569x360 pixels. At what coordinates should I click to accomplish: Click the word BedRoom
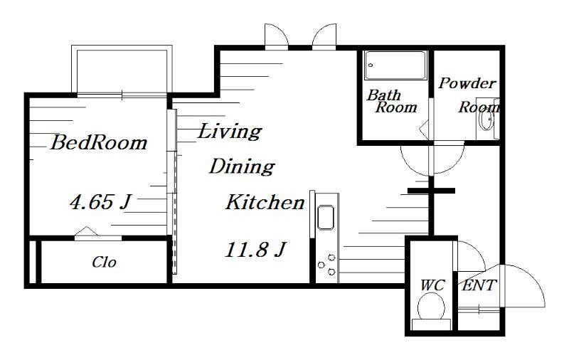pyautogui.click(x=99, y=142)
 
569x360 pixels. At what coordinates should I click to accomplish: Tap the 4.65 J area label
pyautogui.click(x=100, y=201)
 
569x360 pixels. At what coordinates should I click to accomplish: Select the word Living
pyautogui.click(x=229, y=131)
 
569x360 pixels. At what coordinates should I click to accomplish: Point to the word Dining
pyautogui.click(x=242, y=166)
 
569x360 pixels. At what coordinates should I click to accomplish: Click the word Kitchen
pyautogui.click(x=265, y=202)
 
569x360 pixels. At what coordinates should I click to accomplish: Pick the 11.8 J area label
pyautogui.click(x=255, y=250)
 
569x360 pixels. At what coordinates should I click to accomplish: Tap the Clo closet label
pyautogui.click(x=104, y=262)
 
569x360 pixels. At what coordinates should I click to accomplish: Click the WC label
pyautogui.click(x=432, y=285)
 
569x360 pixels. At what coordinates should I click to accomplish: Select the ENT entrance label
pyautogui.click(x=479, y=285)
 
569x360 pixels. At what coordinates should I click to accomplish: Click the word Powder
pyautogui.click(x=467, y=83)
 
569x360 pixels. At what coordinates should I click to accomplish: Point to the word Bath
pyautogui.click(x=383, y=95)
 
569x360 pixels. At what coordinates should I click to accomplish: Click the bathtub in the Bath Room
pyautogui.click(x=395, y=65)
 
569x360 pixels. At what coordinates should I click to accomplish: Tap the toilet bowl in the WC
pyautogui.click(x=432, y=307)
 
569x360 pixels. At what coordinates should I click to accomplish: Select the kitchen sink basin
pyautogui.click(x=326, y=218)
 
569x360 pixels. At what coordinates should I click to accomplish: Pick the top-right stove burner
pyautogui.click(x=331, y=258)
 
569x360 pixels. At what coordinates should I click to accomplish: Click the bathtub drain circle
pyautogui.click(x=371, y=65)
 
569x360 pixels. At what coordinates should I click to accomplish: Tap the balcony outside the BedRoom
pyautogui.click(x=122, y=70)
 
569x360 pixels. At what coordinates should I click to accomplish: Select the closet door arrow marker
pyautogui.click(x=86, y=231)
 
